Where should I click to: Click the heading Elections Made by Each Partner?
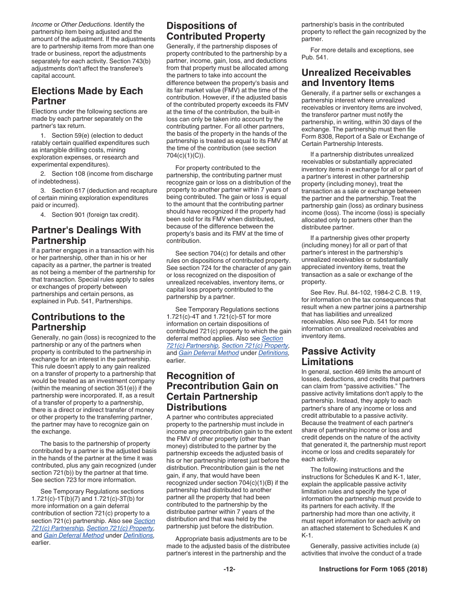click(87, 96)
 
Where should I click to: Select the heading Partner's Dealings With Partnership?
click(86, 235)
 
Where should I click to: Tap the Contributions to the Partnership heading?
click(78, 322)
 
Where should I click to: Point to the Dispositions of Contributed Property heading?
click(215, 31)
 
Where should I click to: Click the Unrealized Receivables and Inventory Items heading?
click(356, 78)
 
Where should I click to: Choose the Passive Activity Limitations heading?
click(338, 356)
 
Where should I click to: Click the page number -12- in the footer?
click(229, 569)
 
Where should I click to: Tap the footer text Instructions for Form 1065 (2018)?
click(373, 569)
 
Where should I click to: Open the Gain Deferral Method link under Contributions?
click(73, 535)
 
